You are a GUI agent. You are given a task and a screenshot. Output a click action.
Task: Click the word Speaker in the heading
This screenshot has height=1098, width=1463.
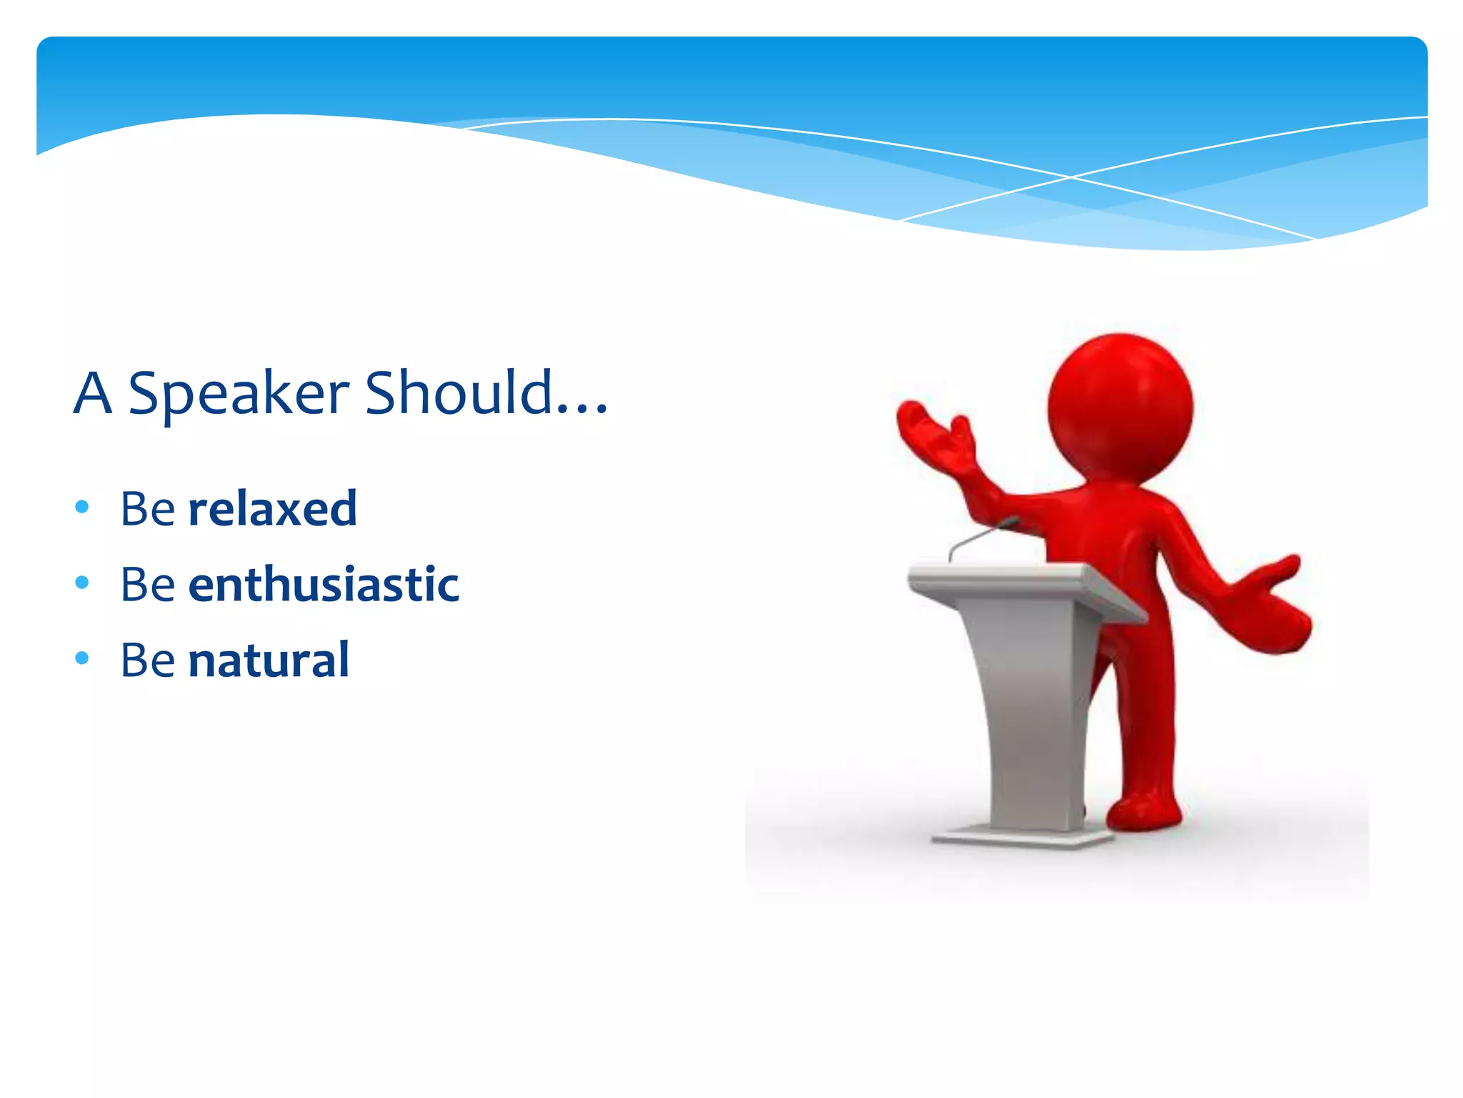click(239, 393)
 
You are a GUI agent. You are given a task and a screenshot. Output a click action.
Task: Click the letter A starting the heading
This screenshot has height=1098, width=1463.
click(93, 393)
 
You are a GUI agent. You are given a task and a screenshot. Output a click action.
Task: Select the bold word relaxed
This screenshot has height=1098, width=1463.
click(272, 508)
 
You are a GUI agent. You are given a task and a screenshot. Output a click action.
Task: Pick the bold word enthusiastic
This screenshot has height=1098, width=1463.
click(323, 584)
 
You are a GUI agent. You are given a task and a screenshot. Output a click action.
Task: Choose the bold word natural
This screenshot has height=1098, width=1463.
click(269, 660)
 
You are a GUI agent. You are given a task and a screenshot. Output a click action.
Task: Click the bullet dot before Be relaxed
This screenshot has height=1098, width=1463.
click(82, 508)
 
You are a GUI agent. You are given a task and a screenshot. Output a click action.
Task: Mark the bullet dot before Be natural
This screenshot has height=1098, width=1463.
click(82, 658)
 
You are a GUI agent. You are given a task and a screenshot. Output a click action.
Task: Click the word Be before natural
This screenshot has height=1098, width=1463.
click(147, 660)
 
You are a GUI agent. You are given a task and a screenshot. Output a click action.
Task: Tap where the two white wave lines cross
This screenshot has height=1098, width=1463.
click(1069, 177)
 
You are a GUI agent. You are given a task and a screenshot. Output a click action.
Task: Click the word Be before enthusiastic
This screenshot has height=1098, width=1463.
click(147, 584)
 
